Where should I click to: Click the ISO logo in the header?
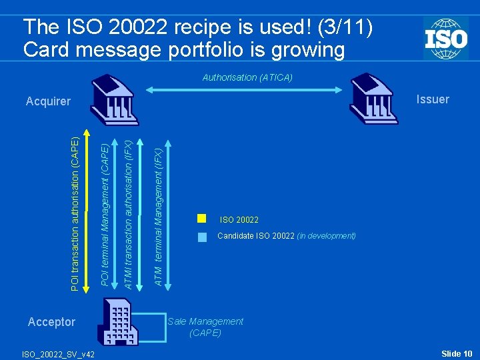coord(445,38)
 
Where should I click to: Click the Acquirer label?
coord(48,101)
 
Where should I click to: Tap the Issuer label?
coord(433,99)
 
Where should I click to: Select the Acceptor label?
coord(51,322)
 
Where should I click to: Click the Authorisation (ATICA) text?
coord(247,77)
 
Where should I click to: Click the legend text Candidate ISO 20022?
coord(257,236)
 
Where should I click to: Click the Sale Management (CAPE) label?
coord(205,327)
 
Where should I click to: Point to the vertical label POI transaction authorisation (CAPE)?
coord(76,213)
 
